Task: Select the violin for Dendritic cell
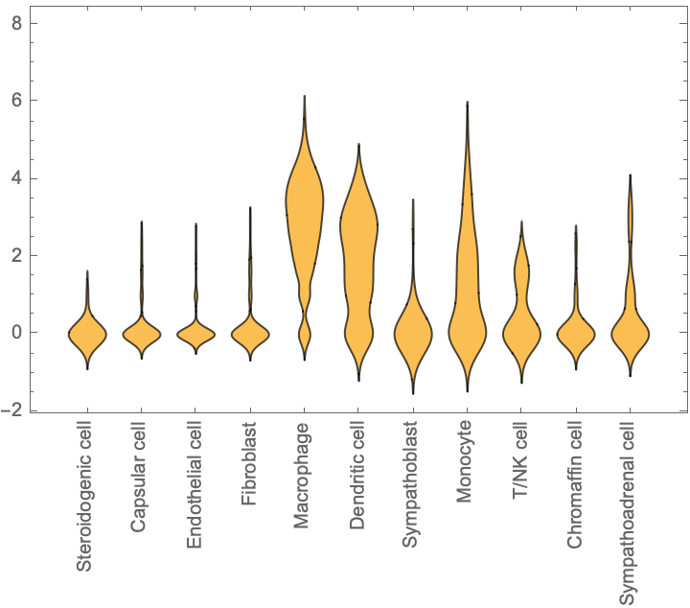coord(358,240)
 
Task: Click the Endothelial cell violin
coord(195,334)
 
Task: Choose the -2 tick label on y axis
coord(14,410)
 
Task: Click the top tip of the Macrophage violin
coord(304,96)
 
